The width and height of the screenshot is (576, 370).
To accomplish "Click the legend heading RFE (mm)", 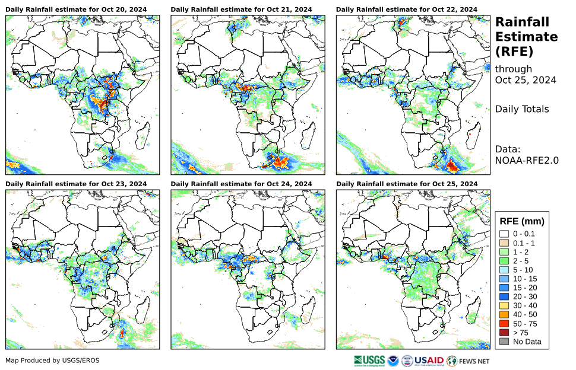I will [x=522, y=221].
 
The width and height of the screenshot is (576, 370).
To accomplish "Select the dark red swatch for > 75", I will [x=504, y=333].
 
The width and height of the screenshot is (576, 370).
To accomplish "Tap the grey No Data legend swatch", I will [x=504, y=342].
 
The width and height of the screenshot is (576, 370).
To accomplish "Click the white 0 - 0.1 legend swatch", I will [x=504, y=234].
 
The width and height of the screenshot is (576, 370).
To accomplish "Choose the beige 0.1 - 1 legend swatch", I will [x=504, y=243].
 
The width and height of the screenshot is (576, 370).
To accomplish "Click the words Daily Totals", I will [x=522, y=109].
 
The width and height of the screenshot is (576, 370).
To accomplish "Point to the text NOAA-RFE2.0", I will [x=527, y=159].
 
